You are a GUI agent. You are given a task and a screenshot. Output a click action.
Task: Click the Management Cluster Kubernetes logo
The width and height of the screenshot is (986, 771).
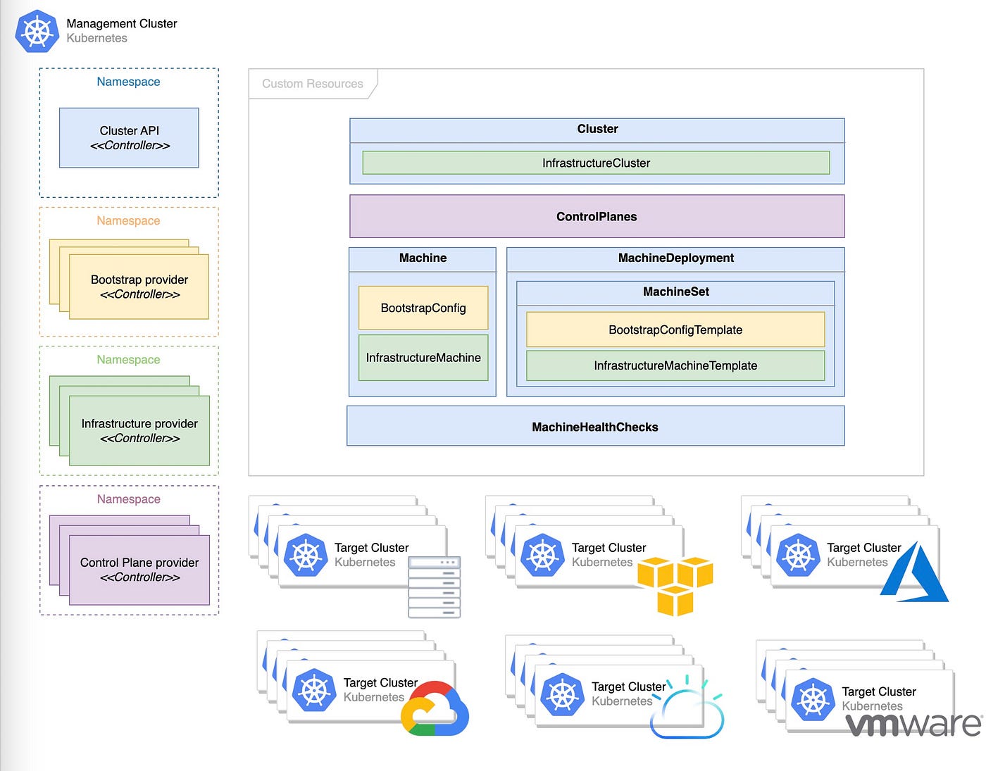(37, 31)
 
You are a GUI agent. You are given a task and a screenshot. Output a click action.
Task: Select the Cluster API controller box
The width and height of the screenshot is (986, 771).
(129, 137)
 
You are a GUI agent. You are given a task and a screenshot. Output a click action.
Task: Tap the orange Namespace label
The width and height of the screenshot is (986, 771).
(128, 220)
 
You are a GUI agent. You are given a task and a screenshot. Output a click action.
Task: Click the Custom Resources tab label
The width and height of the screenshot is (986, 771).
(313, 84)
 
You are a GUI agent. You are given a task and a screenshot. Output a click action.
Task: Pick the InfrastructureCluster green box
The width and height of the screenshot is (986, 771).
(596, 163)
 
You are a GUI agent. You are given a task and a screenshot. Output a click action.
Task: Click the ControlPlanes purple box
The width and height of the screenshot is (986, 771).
(597, 216)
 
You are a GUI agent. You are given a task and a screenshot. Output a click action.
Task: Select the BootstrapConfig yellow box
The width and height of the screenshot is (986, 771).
(423, 308)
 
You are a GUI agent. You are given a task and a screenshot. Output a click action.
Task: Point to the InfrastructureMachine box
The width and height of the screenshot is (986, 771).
(423, 358)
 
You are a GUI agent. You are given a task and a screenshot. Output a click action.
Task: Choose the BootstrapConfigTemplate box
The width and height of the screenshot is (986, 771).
(675, 330)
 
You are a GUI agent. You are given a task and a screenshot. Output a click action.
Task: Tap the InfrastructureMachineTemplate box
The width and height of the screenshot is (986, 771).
(675, 365)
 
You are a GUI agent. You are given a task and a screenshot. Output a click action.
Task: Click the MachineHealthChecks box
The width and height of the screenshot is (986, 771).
(595, 426)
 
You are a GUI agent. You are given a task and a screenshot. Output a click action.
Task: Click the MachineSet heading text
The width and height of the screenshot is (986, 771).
(675, 292)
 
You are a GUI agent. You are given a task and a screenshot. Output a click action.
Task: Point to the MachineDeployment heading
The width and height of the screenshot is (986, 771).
(675, 258)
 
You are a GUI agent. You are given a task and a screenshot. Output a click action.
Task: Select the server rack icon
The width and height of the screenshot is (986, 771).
(435, 587)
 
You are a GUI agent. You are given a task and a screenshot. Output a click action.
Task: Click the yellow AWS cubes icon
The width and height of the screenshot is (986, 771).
(675, 586)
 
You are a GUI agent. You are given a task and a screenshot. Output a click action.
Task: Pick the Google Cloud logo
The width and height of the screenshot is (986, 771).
(435, 708)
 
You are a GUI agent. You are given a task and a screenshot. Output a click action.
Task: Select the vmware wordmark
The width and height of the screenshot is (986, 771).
(913, 725)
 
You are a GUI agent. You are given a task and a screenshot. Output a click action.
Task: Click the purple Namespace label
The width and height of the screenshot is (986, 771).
(128, 499)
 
